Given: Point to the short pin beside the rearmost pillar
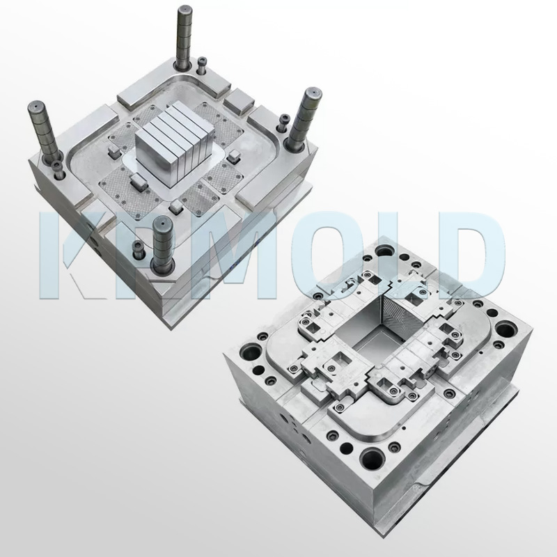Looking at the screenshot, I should click(202, 67).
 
